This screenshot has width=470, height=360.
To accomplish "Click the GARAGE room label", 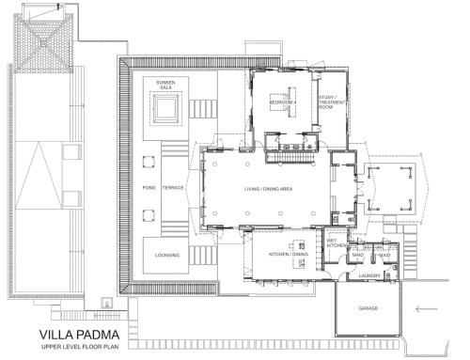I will coord(368,307).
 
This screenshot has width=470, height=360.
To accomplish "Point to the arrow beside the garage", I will coord(427,307).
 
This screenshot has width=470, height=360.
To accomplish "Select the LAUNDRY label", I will coord(369,275).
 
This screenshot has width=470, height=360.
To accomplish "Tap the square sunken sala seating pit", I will coord(166,113).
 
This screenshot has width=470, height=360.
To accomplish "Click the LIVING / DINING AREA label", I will coord(269,189).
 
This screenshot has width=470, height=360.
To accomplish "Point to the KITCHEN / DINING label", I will coord(289,254).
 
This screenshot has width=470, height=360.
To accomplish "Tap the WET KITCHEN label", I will coord(337,243).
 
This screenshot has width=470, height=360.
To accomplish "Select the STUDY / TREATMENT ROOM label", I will coord(327,103).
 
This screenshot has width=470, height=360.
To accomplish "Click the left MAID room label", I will coord(358,254).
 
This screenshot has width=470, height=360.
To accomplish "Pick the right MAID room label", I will coord(384,254).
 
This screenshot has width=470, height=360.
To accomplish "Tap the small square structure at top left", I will coord(44,41).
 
